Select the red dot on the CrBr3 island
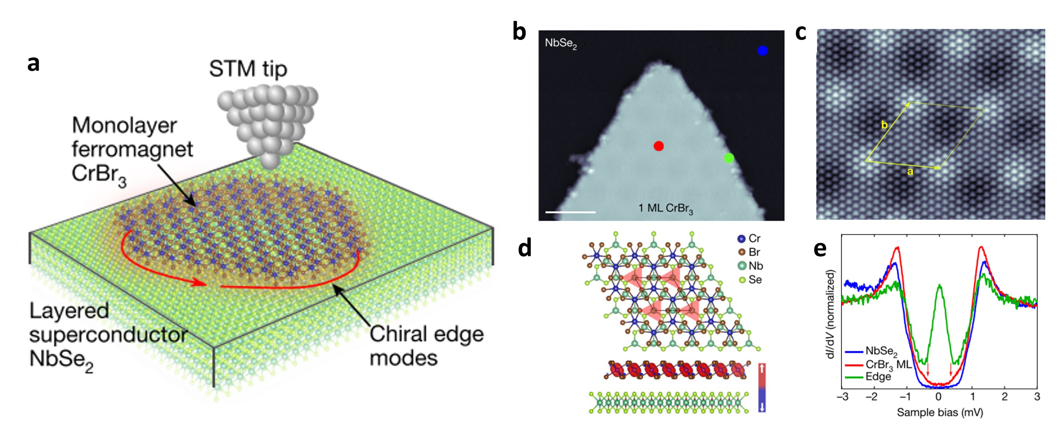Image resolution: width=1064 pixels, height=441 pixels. pos(659,146)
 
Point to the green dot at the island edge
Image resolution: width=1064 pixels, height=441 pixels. pos(729,158)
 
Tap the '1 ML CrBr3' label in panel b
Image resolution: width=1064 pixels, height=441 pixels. pos(665,208)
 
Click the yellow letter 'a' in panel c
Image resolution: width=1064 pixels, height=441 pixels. pos(910,172)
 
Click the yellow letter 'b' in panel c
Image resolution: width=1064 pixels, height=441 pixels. pos(884,125)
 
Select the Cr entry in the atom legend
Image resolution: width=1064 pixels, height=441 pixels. pos(749,238)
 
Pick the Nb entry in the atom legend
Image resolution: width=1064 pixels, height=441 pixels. pos(750,266)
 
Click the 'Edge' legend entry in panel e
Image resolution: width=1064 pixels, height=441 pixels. pos(878,376)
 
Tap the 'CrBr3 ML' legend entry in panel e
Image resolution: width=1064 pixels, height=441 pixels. pos(888,364)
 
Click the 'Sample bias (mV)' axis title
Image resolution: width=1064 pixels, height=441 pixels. pos(940,412)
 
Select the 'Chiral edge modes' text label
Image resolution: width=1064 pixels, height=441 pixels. pos(426,345)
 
